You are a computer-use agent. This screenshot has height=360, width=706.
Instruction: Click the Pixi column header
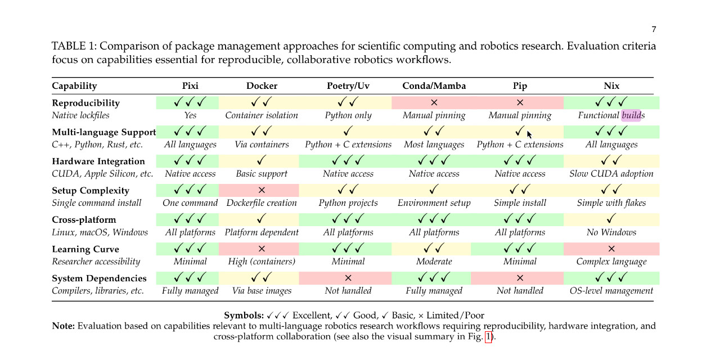point(190,86)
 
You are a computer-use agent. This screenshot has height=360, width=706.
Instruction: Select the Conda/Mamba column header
point(434,86)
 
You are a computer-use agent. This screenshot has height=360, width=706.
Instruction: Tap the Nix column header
point(611,86)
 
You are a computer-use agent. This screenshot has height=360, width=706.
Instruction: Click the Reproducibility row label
point(86,103)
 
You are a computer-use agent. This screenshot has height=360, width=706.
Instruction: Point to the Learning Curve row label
point(85,249)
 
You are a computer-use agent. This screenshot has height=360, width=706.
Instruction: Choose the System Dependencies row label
point(99,278)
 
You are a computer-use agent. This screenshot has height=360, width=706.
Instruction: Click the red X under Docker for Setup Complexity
point(262,191)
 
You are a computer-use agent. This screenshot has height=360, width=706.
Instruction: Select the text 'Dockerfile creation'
point(262,203)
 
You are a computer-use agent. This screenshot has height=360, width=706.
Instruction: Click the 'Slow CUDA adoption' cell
point(611,174)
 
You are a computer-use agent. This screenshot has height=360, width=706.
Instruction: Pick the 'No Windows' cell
point(611,232)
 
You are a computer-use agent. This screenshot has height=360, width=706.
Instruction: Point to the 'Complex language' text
point(611,262)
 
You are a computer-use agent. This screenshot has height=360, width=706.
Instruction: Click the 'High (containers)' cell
point(262,262)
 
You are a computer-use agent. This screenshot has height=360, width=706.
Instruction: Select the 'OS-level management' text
point(611,291)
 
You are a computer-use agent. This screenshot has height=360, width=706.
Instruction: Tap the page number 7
point(654,30)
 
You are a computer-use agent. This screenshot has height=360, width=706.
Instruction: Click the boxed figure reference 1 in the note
point(488,337)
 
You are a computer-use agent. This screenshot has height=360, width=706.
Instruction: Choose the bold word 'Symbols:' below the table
point(244,316)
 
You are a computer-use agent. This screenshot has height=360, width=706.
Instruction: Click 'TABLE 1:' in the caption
point(74,46)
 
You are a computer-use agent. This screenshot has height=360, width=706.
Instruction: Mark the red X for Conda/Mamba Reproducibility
point(434,103)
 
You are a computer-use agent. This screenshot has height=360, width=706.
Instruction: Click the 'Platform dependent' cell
point(262,232)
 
